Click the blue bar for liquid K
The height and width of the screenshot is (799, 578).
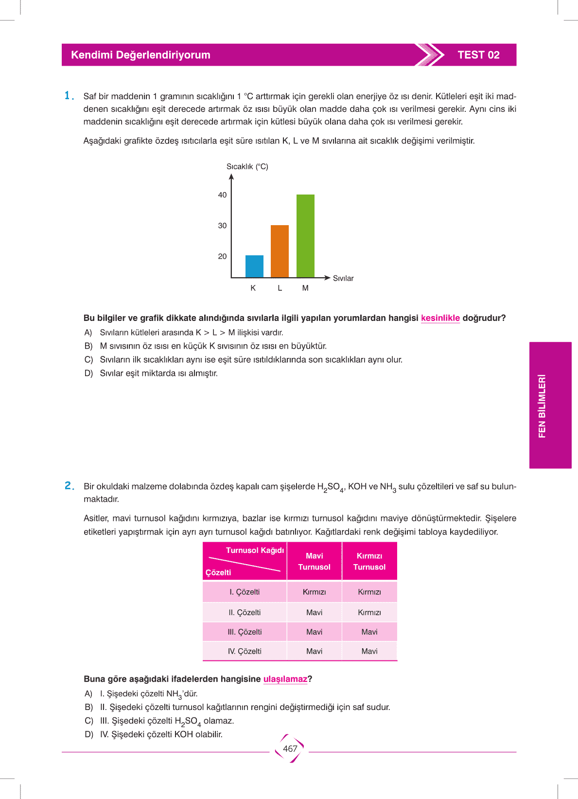pyautogui.click(x=254, y=266)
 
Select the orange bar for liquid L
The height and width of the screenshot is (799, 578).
pyautogui.click(x=280, y=251)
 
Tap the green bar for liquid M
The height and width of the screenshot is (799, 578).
pyautogui.click(x=305, y=236)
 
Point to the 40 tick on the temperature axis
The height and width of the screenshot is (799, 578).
pyautogui.click(x=223, y=195)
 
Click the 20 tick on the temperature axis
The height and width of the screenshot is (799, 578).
pyautogui.click(x=223, y=256)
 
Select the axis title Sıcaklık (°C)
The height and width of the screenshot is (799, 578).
pyautogui.click(x=247, y=167)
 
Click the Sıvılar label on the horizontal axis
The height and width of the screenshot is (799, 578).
pyautogui.click(x=343, y=278)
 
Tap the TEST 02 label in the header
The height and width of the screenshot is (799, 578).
pyautogui.click(x=478, y=55)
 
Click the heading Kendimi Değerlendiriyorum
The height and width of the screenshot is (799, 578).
pyautogui.click(x=140, y=55)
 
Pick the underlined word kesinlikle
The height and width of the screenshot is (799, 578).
pyautogui.click(x=440, y=318)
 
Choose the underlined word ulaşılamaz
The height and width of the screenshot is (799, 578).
pyautogui.click(x=285, y=679)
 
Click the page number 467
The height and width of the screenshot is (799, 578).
pyautogui.click(x=290, y=749)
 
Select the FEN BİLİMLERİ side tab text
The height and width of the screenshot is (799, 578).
pyautogui.click(x=542, y=406)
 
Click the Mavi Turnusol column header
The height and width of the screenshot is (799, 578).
pyautogui.click(x=314, y=561)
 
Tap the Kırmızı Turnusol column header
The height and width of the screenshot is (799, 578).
pyautogui.click(x=369, y=561)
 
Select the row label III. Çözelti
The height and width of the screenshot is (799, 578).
pyautogui.click(x=245, y=632)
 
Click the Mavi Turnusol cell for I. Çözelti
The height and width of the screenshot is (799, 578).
pyautogui.click(x=314, y=592)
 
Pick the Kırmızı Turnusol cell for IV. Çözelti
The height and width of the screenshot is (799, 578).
pyautogui.click(x=369, y=651)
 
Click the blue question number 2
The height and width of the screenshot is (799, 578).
pyautogui.click(x=69, y=486)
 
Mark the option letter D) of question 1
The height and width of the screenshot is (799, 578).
pyautogui.click(x=88, y=373)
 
